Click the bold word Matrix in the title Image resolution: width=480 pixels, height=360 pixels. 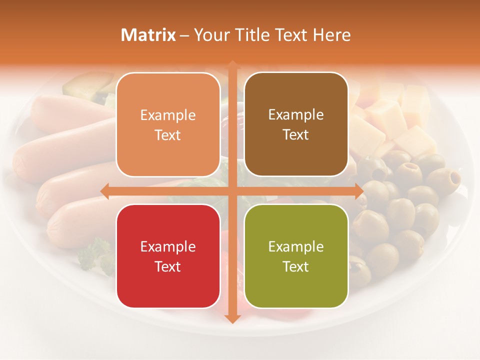tap(148, 35)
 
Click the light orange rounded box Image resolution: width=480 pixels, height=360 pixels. tap(168, 125)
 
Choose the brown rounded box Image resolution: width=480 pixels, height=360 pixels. tap(296, 125)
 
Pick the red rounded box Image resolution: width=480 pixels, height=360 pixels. tap(168, 256)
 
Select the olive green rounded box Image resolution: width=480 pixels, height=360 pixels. tap(296, 256)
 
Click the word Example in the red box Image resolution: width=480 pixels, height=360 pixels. tap(168, 246)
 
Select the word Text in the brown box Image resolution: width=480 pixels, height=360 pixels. tap(296, 135)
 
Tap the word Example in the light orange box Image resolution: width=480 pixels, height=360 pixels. tap(168, 115)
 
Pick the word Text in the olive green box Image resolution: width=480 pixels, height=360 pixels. tap(296, 266)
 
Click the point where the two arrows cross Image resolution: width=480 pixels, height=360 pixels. tap(232, 191)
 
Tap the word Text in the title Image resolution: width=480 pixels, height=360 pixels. tap(292, 35)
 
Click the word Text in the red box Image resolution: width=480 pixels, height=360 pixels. tap(168, 266)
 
